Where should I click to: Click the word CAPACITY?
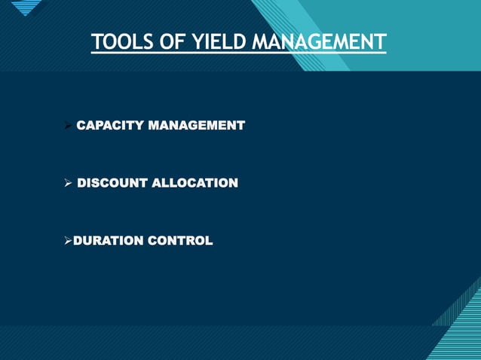(111, 124)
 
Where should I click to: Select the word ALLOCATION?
(195, 183)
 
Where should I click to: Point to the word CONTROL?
(185, 241)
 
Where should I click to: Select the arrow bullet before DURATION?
(67, 241)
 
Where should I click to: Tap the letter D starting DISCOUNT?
(83, 183)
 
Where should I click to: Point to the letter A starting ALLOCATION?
(158, 183)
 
